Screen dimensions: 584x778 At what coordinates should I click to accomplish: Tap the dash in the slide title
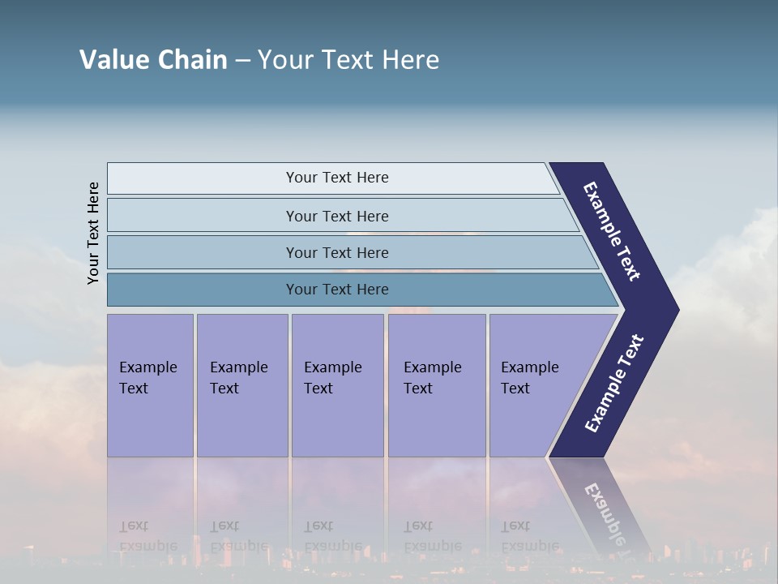[242, 61]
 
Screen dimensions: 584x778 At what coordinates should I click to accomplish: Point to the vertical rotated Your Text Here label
[93, 233]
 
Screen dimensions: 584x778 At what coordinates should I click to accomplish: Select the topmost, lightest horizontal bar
[336, 178]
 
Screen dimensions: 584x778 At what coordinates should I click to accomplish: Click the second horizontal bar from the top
[336, 216]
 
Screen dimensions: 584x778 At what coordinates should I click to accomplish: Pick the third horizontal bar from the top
[336, 252]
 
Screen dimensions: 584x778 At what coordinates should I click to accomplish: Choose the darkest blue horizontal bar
[336, 290]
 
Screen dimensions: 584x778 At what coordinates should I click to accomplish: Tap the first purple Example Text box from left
[150, 385]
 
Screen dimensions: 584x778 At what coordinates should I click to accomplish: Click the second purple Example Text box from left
[242, 385]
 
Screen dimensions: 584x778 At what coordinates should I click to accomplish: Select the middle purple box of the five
[337, 385]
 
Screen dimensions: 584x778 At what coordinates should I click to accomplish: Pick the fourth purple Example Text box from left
[437, 385]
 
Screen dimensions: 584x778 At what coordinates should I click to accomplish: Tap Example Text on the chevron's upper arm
[612, 231]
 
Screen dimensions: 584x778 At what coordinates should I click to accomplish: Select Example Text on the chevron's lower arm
[613, 384]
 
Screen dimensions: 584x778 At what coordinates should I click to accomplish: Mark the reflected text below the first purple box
[147, 535]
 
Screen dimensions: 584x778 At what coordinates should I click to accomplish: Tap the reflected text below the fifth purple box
[529, 535]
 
